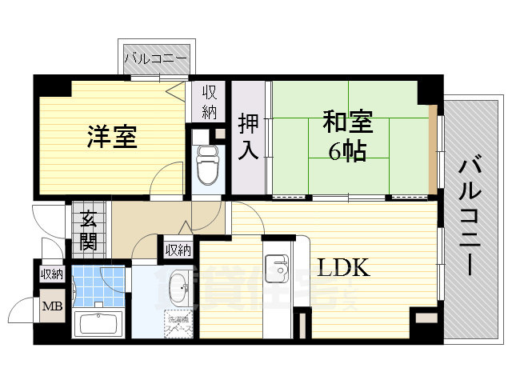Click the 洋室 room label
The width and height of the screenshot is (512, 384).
[111, 137]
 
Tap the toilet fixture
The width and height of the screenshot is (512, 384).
[207, 164]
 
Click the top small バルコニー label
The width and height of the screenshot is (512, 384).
[156, 58]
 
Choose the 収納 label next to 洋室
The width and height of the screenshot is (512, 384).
[209, 102]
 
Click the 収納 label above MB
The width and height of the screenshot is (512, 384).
[51, 274]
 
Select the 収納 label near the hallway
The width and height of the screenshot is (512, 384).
[178, 250]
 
